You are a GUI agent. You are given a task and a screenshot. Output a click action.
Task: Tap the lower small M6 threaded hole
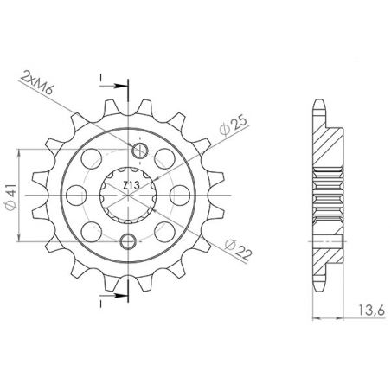click(129, 240)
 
